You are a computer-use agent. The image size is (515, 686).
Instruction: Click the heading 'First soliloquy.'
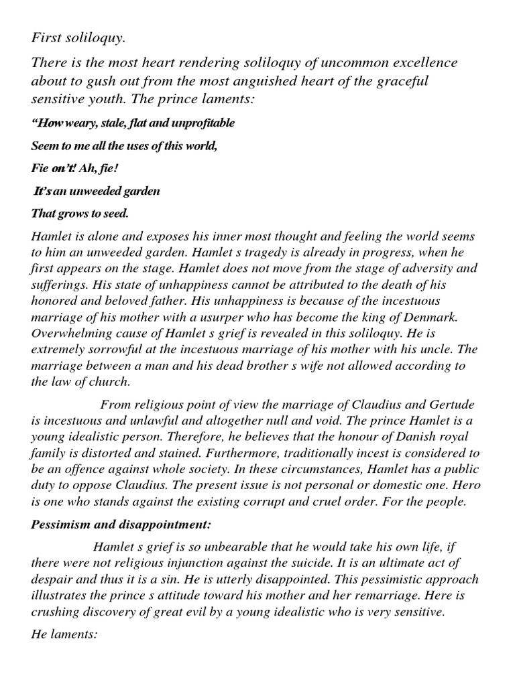click(x=78, y=39)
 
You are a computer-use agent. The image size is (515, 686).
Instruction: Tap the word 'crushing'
click(x=56, y=612)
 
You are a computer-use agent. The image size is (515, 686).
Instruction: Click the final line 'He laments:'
click(x=64, y=632)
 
